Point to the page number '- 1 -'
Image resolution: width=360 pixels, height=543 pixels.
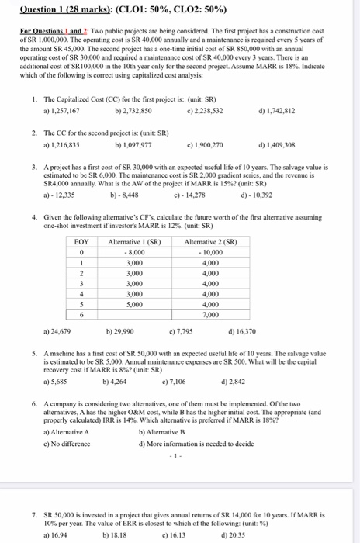(179, 456)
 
